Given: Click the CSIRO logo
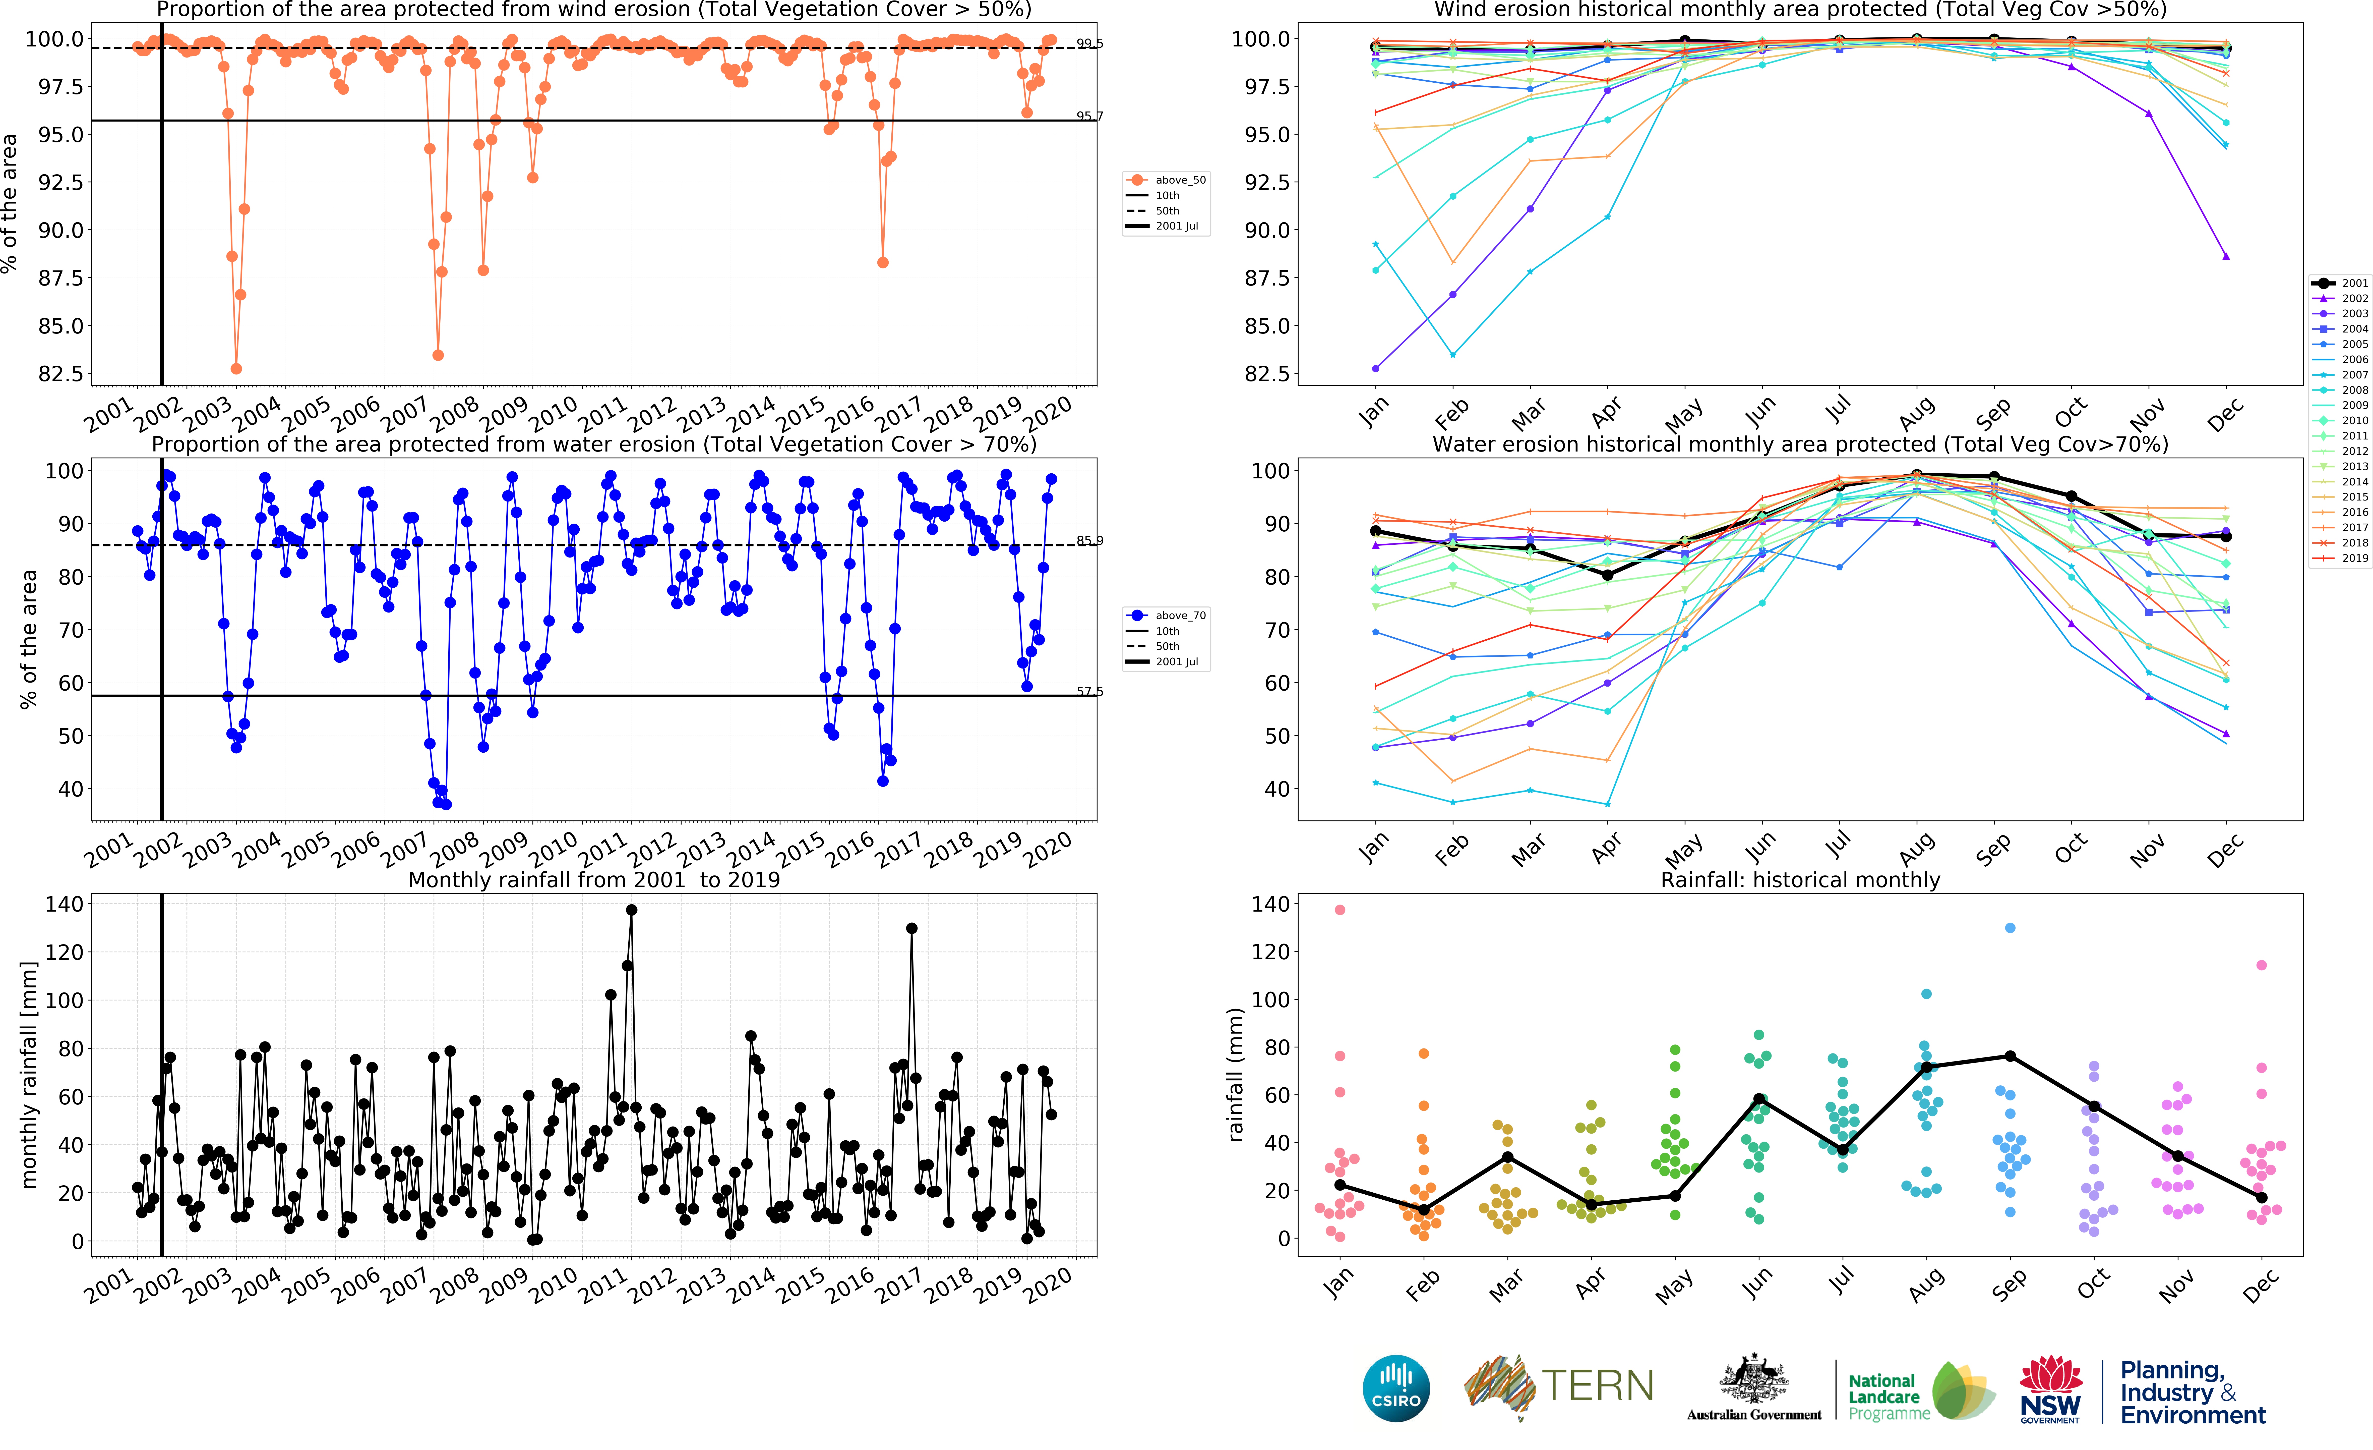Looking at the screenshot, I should [x=1396, y=1388].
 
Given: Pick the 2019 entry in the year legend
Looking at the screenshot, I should [x=2340, y=558].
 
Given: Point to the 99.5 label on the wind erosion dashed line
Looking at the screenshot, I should [x=1089, y=43].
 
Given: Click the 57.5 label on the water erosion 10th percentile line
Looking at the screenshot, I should [x=1089, y=691].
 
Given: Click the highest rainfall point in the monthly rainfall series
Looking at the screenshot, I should [x=632, y=910].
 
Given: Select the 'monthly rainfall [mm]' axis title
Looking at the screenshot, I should [x=29, y=1074].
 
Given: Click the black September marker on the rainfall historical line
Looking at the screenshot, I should [x=2010, y=1056].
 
